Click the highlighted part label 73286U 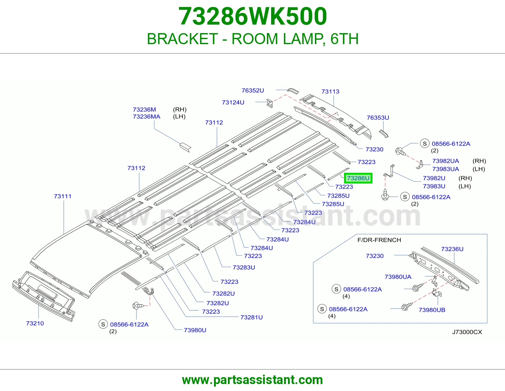click(358, 178)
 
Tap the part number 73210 click(35, 323)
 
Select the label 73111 click(62, 196)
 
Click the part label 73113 click(330, 91)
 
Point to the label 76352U click(252, 90)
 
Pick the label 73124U click(233, 102)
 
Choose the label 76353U click(378, 118)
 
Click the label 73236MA click(146, 117)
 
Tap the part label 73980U click(195, 330)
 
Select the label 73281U click(252, 317)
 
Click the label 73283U click(244, 267)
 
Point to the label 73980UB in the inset click(432, 310)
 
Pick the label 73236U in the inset click(452, 249)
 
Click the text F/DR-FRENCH click(379, 240)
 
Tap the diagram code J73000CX click(467, 332)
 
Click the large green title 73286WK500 click(252, 16)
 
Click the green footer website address click(252, 380)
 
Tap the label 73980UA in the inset click(398, 277)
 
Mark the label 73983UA click(446, 169)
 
